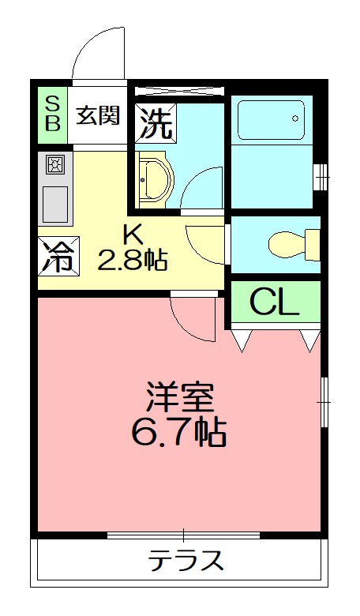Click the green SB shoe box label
coord(51,115)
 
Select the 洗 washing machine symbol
coord(153,122)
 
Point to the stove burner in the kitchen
coord(54,165)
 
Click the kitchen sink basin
coord(54,205)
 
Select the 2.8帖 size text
coord(132,260)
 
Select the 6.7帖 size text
coord(179,432)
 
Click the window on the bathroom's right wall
coord(320,177)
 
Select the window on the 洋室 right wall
coord(324,402)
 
